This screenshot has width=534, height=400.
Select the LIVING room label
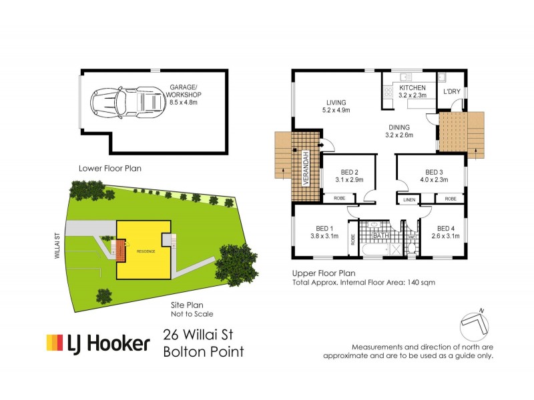point(338,103)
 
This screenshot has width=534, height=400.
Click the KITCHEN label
point(412,88)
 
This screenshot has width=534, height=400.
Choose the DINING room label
point(400,127)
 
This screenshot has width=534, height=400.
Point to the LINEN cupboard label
point(409,199)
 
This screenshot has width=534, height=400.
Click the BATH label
point(381,236)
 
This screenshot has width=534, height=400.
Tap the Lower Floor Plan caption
point(109,169)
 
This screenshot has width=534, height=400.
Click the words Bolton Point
point(204,351)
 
